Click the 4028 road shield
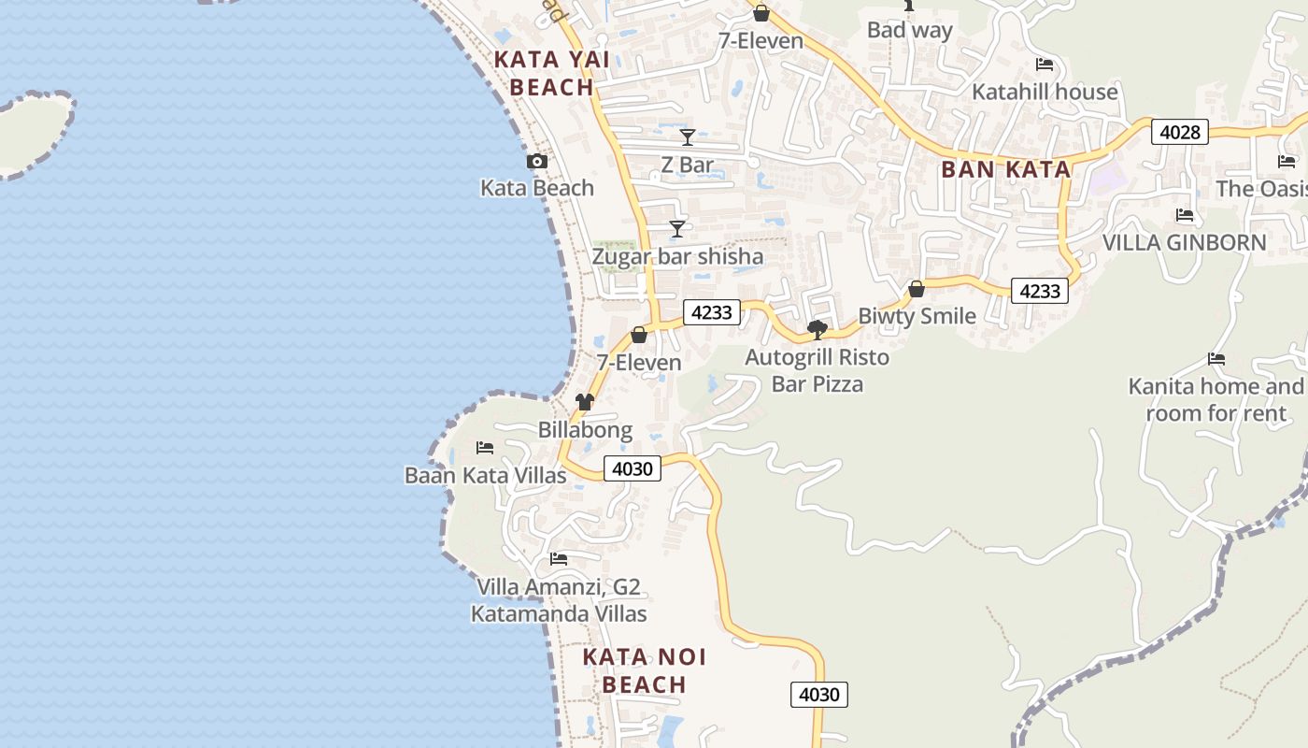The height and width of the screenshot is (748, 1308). coord(1179,132)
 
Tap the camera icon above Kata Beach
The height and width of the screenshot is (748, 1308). coord(536,161)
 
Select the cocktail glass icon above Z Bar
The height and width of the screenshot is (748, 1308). coord(688,137)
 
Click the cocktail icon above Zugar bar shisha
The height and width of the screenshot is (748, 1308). coord(677,229)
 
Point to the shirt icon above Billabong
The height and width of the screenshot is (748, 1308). coord(585,402)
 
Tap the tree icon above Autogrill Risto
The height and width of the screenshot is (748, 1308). coord(817,329)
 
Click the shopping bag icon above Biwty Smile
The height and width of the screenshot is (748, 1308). coord(917,289)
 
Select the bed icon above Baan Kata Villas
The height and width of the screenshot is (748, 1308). coord(485,448)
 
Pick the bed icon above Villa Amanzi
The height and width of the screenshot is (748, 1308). coord(559,559)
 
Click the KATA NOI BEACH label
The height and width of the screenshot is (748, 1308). coord(644,670)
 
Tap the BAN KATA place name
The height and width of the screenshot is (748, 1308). coord(1005,169)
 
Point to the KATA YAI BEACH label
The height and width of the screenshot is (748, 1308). coord(552,73)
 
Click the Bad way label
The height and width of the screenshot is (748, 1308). coord(909,30)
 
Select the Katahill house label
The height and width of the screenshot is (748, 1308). coord(1045,92)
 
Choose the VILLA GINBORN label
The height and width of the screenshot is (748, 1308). coord(1184,243)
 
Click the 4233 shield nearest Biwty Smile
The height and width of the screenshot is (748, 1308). coord(1039,291)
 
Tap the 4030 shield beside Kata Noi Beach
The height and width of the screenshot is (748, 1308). coord(819,695)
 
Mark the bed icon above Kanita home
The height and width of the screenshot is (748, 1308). coord(1216,359)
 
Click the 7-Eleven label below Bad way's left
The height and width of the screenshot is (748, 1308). coord(761,40)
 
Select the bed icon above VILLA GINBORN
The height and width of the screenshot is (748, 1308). coord(1185,215)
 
